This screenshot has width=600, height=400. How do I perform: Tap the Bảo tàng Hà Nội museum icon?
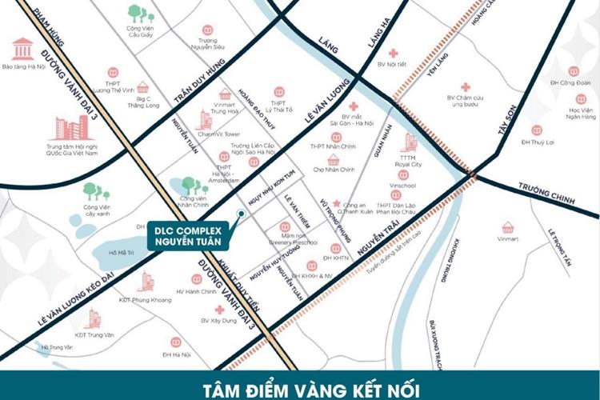click(x=22, y=47)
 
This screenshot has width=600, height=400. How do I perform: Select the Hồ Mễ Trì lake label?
click(x=117, y=252)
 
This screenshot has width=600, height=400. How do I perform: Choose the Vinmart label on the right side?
click(x=507, y=238)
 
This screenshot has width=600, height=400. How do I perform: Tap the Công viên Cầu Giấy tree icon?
click(x=141, y=14)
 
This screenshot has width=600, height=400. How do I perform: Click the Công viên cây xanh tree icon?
click(x=95, y=192)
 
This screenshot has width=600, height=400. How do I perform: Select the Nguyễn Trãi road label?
click(x=378, y=242)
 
